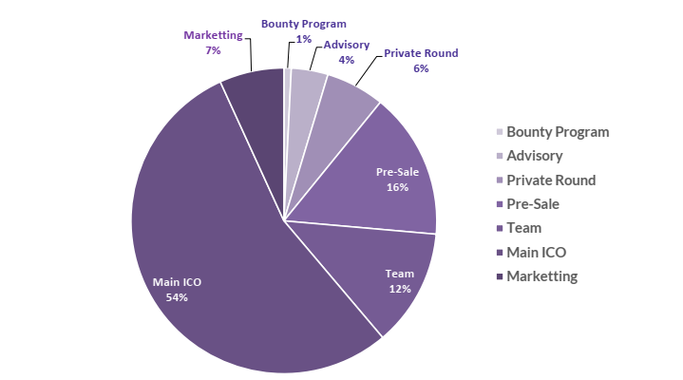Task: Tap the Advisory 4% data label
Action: tap(347, 51)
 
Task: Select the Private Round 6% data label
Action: tap(421, 61)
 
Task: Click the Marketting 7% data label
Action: tap(213, 42)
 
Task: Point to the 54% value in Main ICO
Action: tap(177, 297)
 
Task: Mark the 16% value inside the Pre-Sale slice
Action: tap(397, 187)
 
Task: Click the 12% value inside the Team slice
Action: tap(399, 288)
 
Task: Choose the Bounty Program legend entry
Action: tap(558, 132)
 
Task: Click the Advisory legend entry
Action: tap(534, 156)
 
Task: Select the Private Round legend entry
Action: tap(551, 180)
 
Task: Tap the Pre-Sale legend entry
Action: tap(533, 204)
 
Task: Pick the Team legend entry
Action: tap(523, 228)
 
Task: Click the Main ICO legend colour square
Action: tap(500, 253)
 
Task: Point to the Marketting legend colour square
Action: tap(500, 276)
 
